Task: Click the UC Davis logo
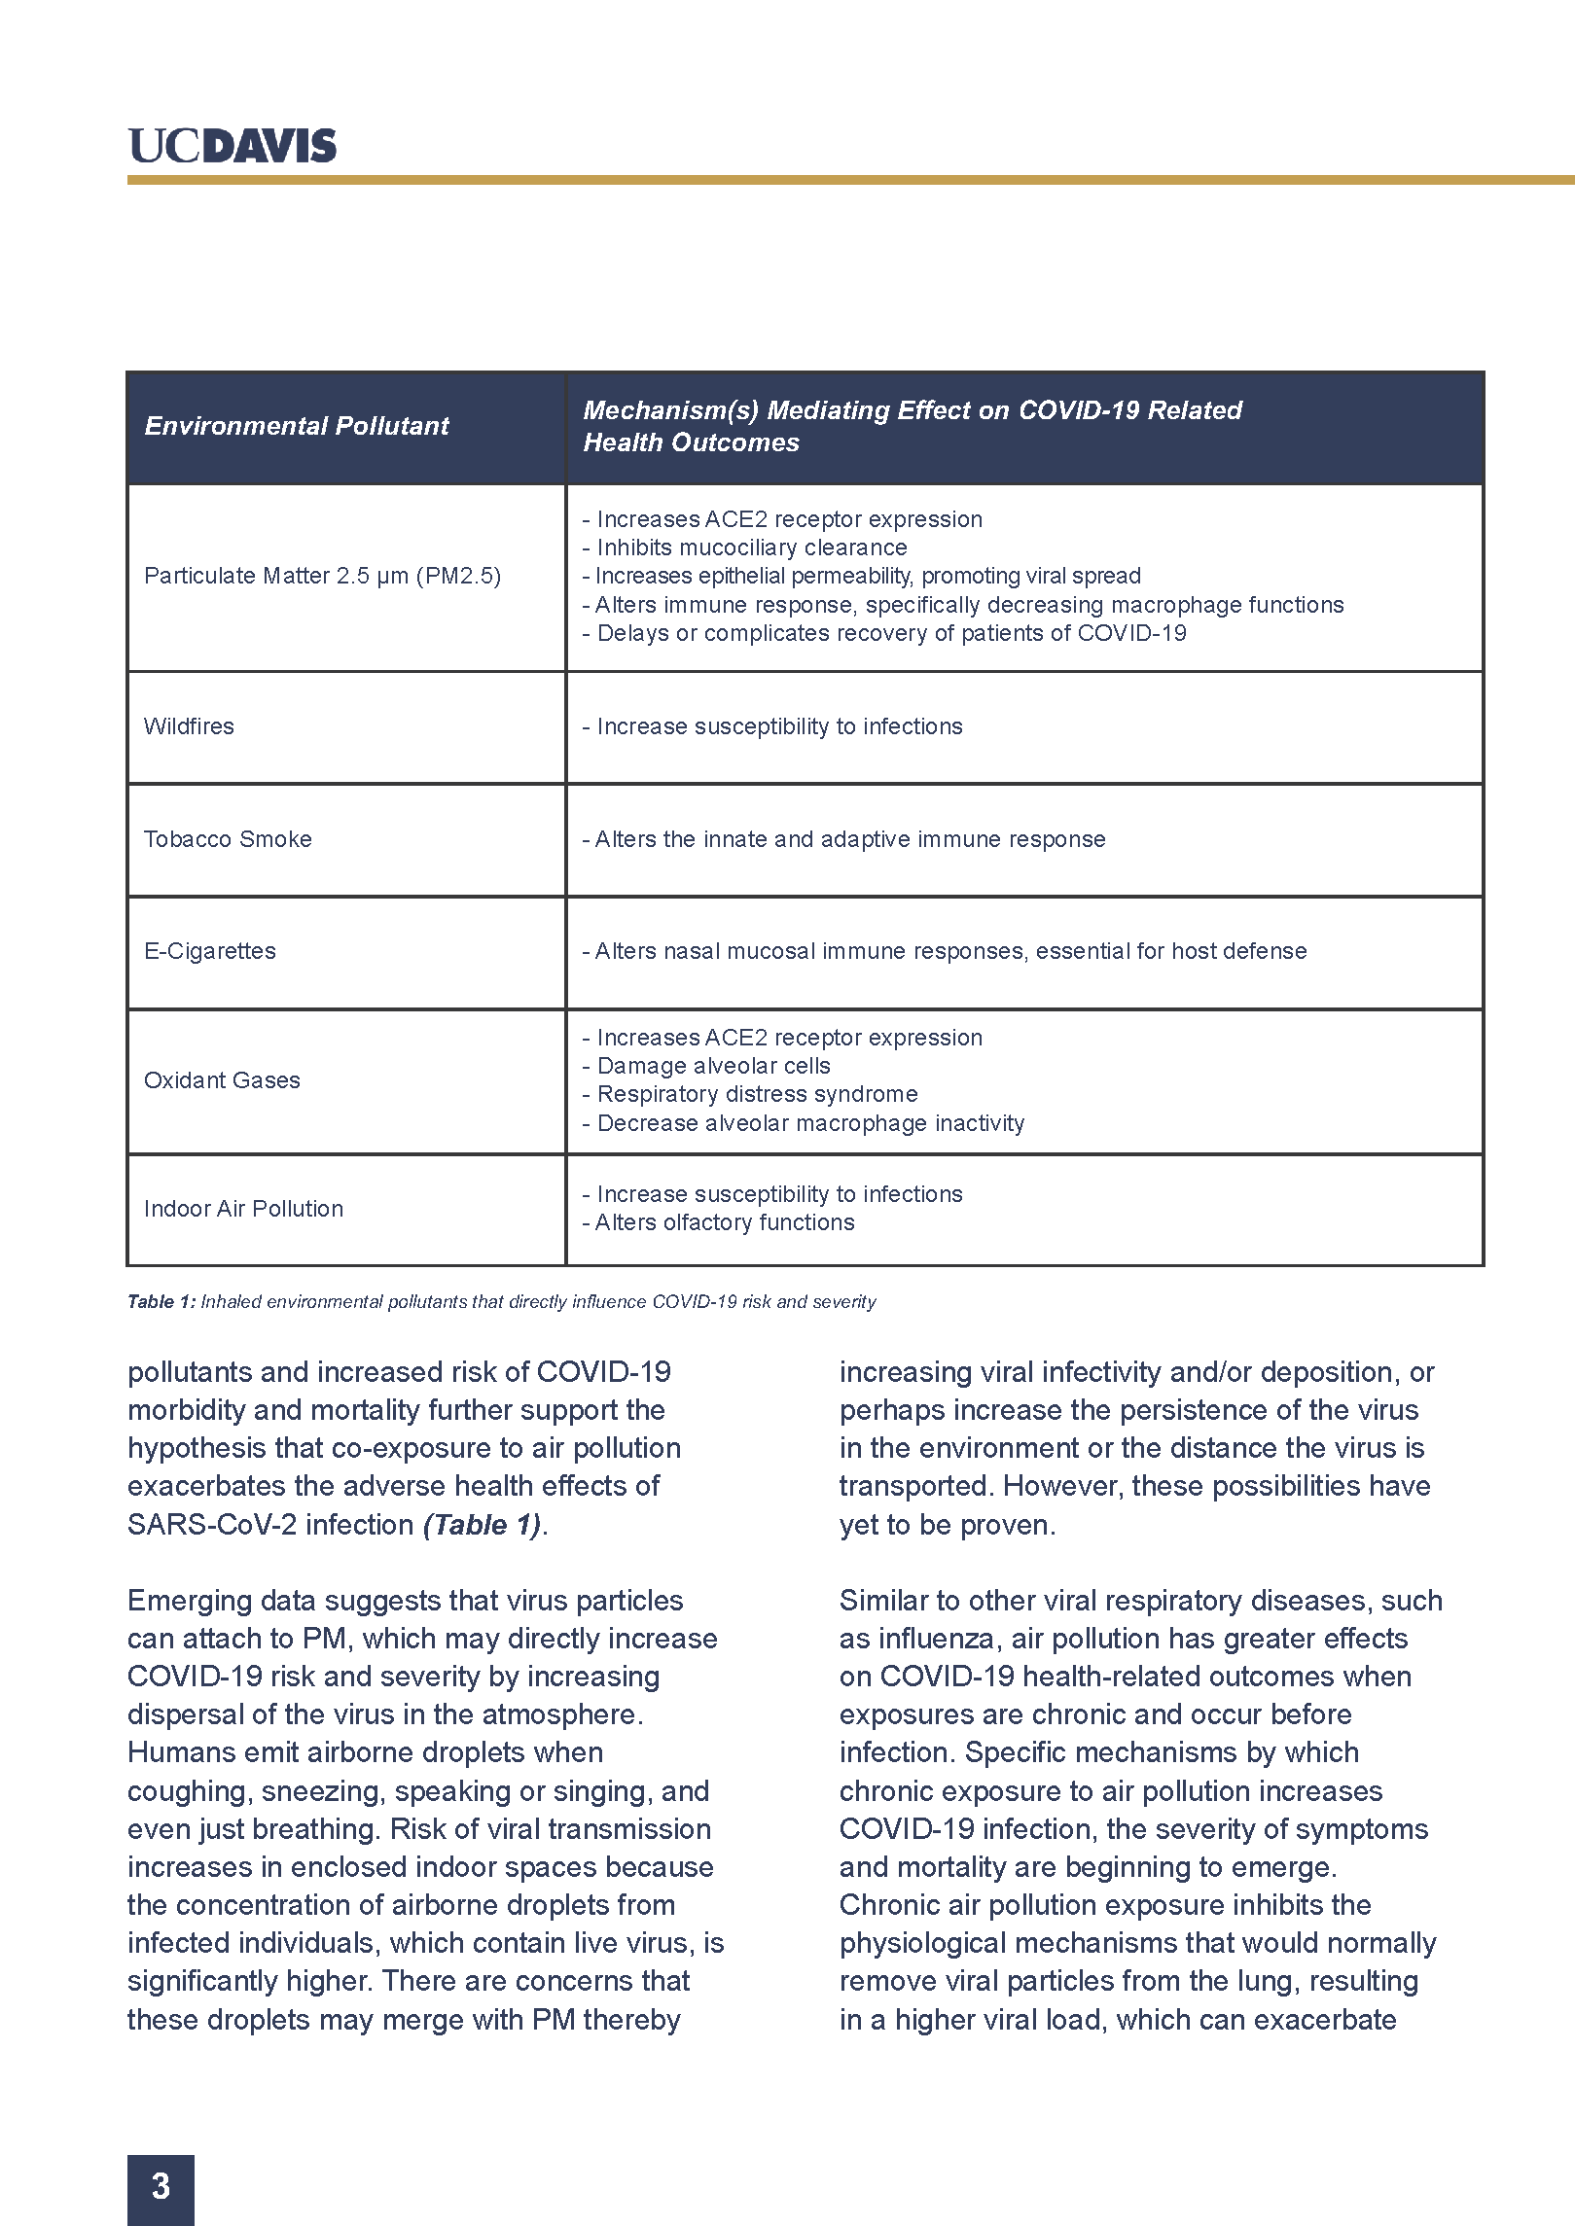coord(232,146)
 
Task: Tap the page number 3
coord(161,2186)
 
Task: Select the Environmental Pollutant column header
coord(296,426)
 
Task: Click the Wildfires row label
coord(189,726)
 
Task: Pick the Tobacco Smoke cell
coord(228,839)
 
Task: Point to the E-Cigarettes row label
coord(209,951)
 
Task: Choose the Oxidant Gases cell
coord(222,1080)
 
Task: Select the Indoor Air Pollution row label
coord(243,1209)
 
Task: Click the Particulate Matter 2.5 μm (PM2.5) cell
coord(322,576)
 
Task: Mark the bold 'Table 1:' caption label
coord(161,1302)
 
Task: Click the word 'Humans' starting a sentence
coord(179,1752)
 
